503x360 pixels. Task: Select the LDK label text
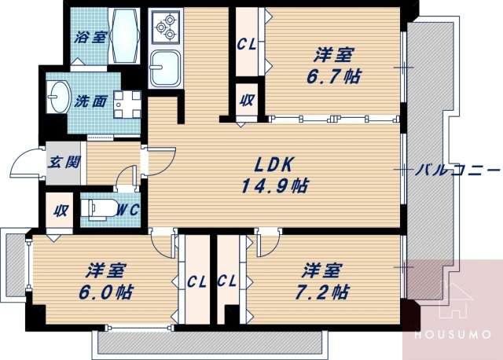273,164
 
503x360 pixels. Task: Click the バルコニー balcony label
457,169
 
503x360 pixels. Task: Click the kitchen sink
166,68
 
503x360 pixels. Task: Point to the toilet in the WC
98,210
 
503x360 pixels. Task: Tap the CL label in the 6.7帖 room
244,44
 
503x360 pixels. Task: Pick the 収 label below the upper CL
246,101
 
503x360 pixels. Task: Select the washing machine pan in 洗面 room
126,102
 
